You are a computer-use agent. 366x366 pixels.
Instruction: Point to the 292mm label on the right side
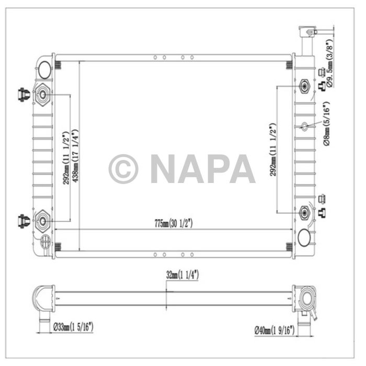(272, 150)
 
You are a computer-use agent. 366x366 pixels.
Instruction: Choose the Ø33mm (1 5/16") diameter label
(73, 328)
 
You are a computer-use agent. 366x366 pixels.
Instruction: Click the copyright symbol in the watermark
(123, 169)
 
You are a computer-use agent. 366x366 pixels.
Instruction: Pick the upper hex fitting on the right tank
(305, 86)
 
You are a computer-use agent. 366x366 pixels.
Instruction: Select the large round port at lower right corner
(304, 239)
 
